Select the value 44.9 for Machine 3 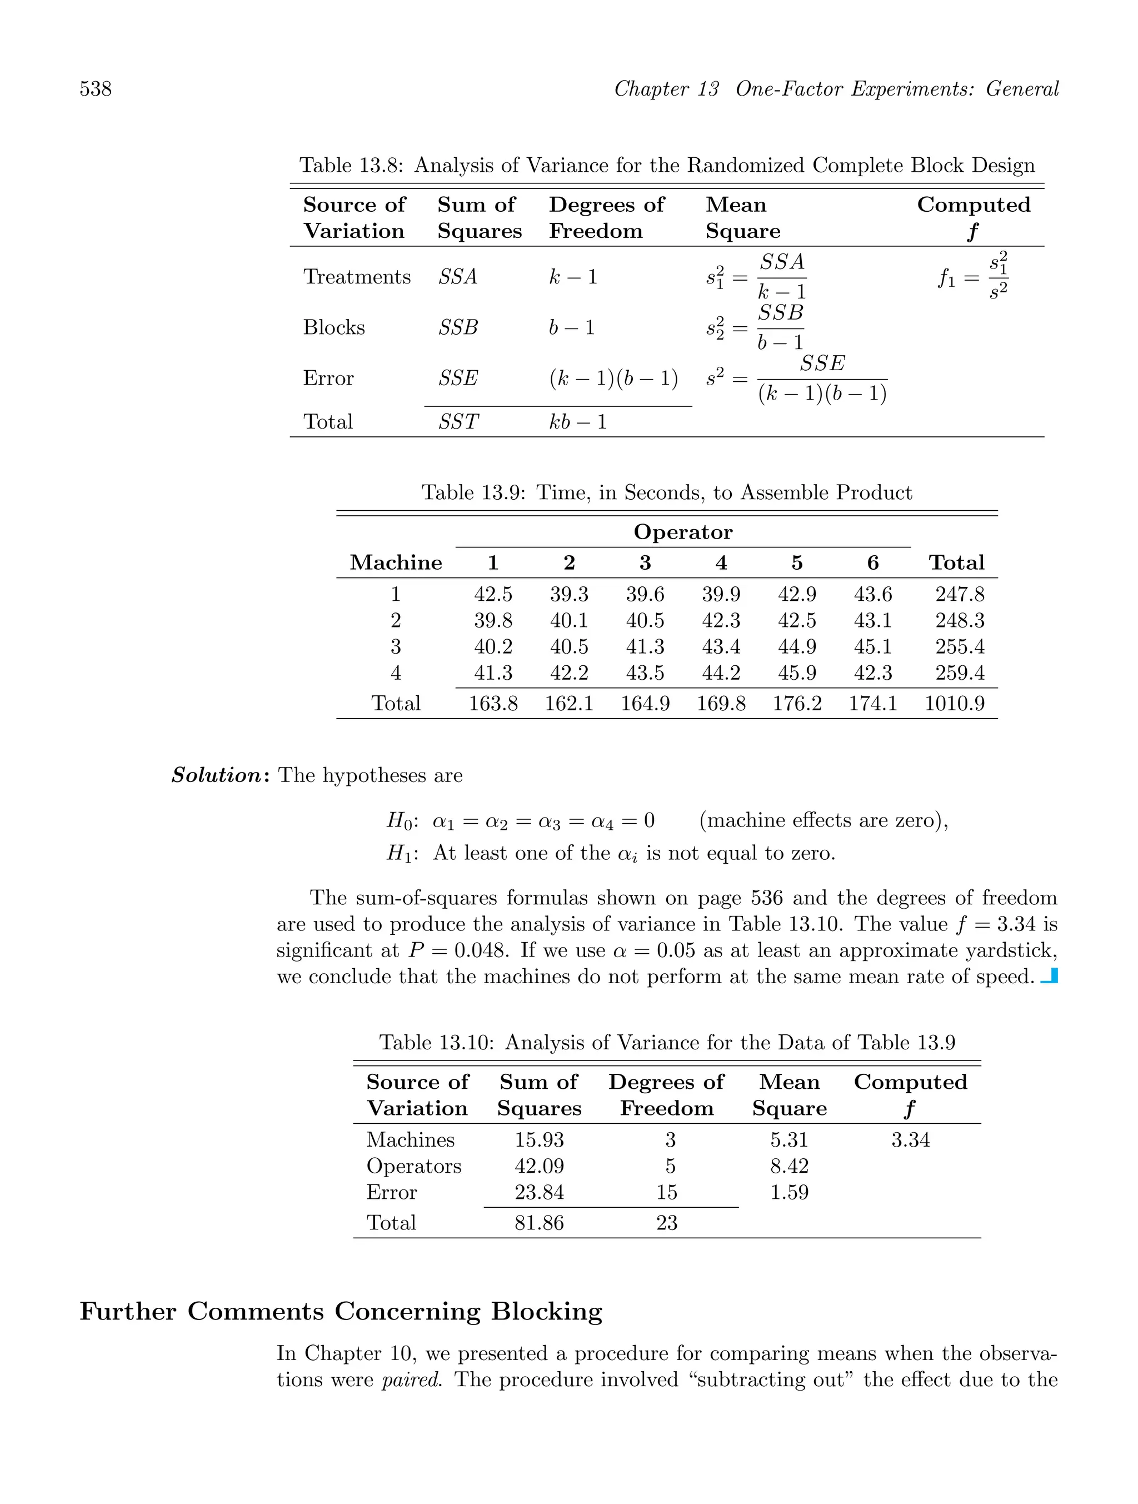click(796, 646)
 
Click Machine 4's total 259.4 click(959, 673)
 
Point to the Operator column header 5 click(796, 563)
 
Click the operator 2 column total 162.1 click(568, 703)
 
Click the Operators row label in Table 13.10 click(413, 1167)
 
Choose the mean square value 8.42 click(788, 1167)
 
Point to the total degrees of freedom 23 click(666, 1223)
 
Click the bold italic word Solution click(216, 775)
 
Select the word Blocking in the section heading click(547, 1312)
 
